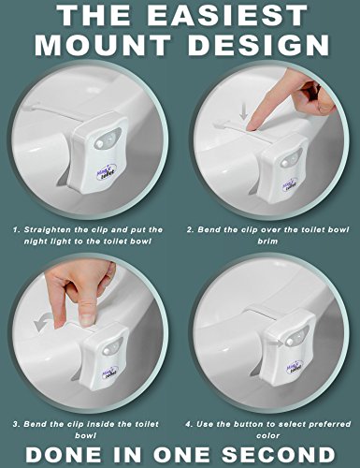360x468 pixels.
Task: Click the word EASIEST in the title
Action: (x=227, y=15)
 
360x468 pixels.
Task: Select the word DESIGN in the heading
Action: (x=258, y=45)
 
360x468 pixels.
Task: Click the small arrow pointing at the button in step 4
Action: (x=275, y=343)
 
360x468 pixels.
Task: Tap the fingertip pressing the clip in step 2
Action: (x=252, y=125)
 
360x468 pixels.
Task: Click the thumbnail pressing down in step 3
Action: (x=87, y=320)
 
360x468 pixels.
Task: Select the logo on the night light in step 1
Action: (x=106, y=171)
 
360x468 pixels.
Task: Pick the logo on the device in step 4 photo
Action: (x=292, y=369)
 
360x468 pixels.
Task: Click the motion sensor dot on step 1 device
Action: (x=99, y=144)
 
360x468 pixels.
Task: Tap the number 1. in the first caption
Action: (x=17, y=230)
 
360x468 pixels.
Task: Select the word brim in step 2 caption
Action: (x=267, y=241)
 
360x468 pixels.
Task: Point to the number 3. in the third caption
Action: (x=16, y=424)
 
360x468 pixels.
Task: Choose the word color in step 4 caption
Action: (x=267, y=435)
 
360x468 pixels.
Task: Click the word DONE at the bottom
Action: (x=64, y=454)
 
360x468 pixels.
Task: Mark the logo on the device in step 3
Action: (x=109, y=372)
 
